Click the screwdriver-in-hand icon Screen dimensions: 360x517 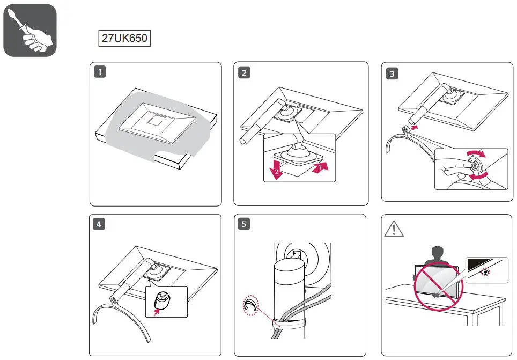tap(30, 30)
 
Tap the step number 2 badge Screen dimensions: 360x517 tap(245, 74)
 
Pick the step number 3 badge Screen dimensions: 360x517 tap(393, 75)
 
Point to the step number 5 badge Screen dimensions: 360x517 tap(245, 225)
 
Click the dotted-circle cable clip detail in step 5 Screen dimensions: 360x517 tap(250, 306)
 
